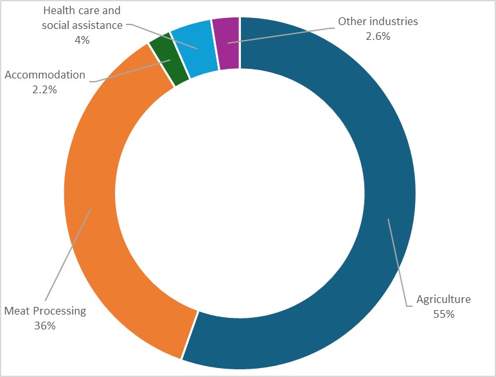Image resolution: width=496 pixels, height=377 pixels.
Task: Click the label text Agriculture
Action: (443, 299)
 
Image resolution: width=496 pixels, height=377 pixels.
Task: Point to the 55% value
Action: (444, 314)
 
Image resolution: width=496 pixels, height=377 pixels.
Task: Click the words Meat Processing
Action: (45, 311)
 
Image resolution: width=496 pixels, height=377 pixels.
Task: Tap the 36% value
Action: (45, 326)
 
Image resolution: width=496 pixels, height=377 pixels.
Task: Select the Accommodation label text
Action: (45, 75)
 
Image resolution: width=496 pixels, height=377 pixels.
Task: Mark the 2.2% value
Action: (45, 89)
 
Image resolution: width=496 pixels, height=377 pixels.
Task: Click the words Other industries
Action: (378, 21)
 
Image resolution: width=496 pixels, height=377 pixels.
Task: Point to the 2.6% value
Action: (378, 36)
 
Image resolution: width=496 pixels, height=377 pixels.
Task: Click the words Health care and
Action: (81, 12)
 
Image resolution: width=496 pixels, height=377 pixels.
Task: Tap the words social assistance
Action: (81, 25)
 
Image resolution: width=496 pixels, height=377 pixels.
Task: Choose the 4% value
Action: (82, 39)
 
